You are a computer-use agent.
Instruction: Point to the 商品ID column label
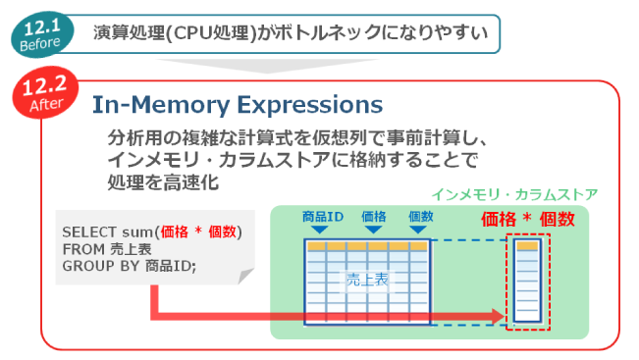point(322,216)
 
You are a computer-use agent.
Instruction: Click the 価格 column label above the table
point(374,216)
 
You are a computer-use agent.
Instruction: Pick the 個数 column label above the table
point(420,216)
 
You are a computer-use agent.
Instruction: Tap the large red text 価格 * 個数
point(526,220)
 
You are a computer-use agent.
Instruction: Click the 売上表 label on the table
point(366,281)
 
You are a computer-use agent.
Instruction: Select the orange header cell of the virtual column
point(526,246)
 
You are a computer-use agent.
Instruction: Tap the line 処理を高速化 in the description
point(161,181)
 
